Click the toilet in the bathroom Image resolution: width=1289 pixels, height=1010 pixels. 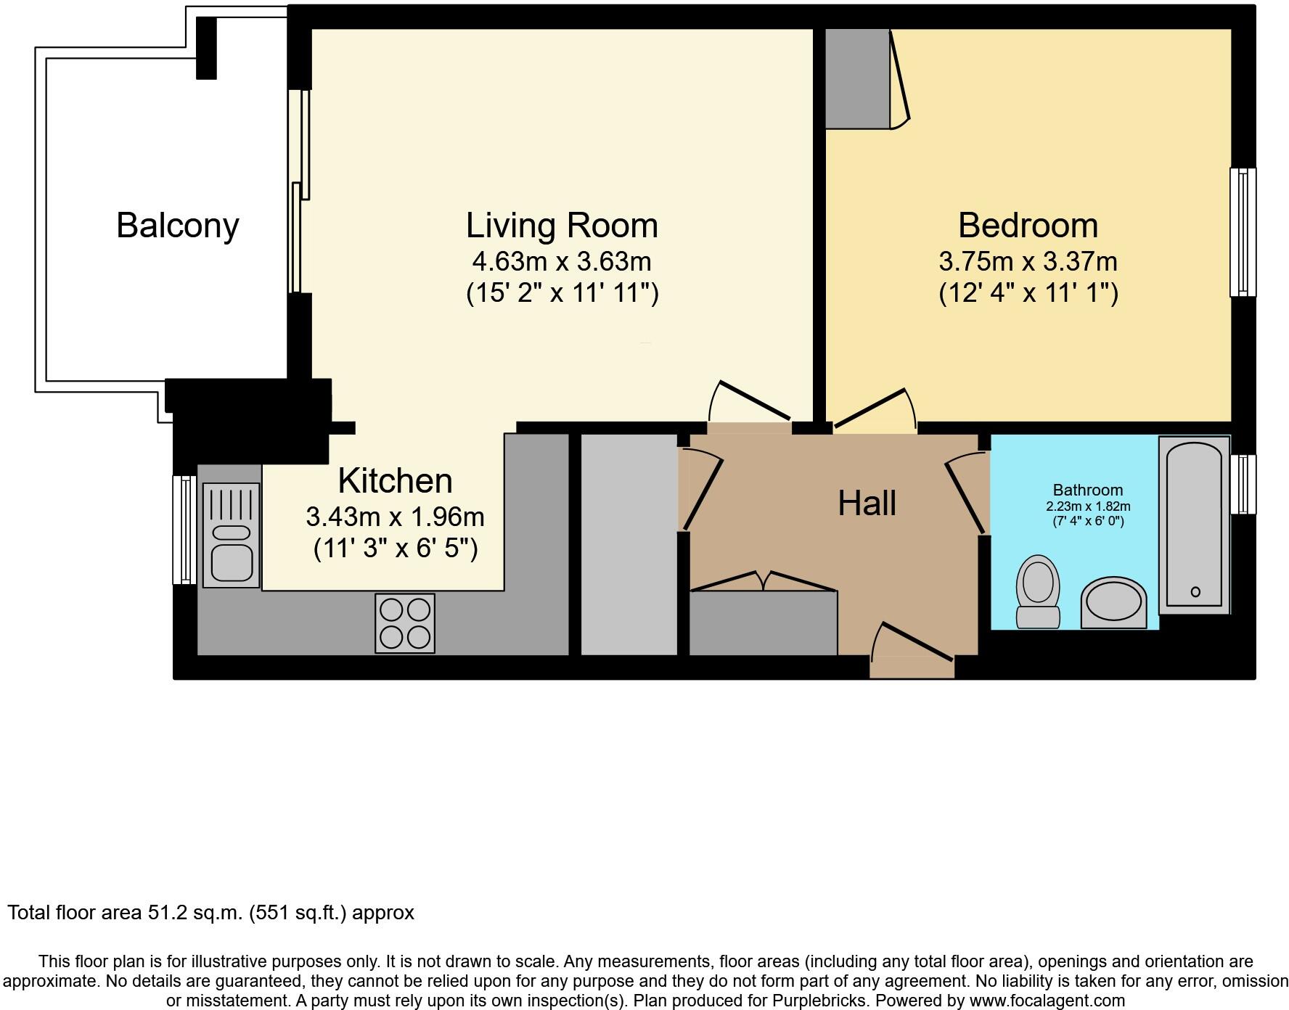1038,590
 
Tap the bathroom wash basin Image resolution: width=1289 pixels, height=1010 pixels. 1113,602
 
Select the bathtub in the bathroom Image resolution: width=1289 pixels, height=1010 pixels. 1194,525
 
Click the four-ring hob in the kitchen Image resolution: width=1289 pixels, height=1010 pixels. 405,623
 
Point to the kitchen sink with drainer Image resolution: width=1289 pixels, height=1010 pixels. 231,535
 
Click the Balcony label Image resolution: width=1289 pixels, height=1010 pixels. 178,225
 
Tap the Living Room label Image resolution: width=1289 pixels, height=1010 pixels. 562,225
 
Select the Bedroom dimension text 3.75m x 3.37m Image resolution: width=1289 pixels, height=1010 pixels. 1028,261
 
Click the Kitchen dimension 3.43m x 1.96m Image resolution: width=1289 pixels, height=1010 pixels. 395,517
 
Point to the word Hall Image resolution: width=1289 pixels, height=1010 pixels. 867,504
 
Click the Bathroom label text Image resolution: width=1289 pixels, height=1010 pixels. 1087,490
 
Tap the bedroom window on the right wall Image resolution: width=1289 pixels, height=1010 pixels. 1243,232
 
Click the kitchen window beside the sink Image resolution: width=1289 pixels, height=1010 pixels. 184,530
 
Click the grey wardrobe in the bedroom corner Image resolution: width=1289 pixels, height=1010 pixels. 857,78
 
